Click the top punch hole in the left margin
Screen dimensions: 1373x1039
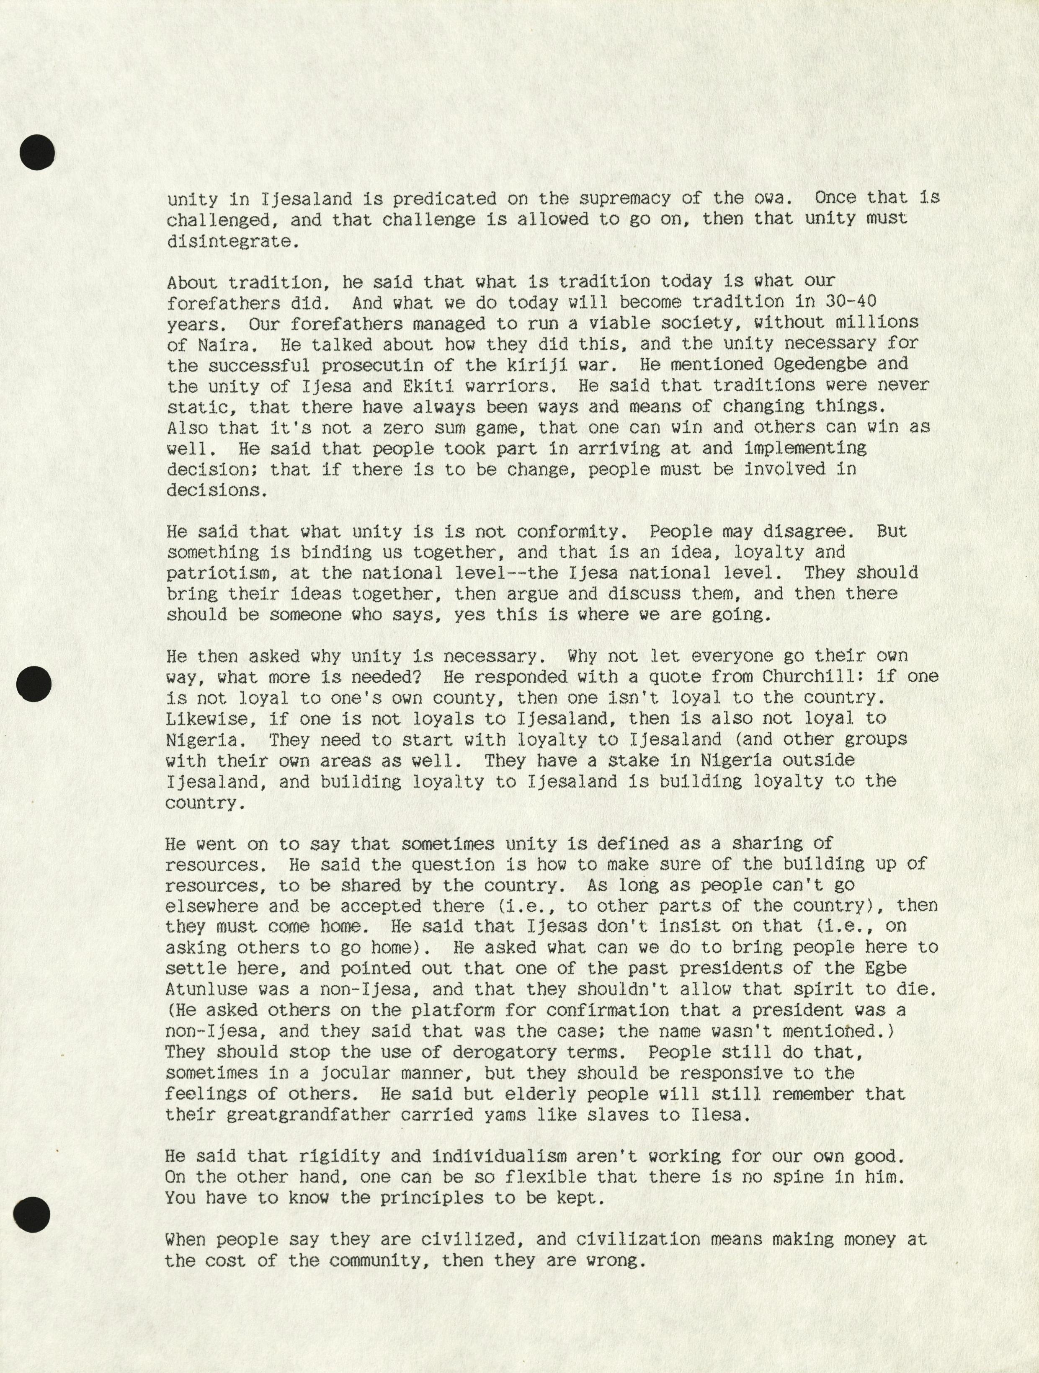(37, 152)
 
